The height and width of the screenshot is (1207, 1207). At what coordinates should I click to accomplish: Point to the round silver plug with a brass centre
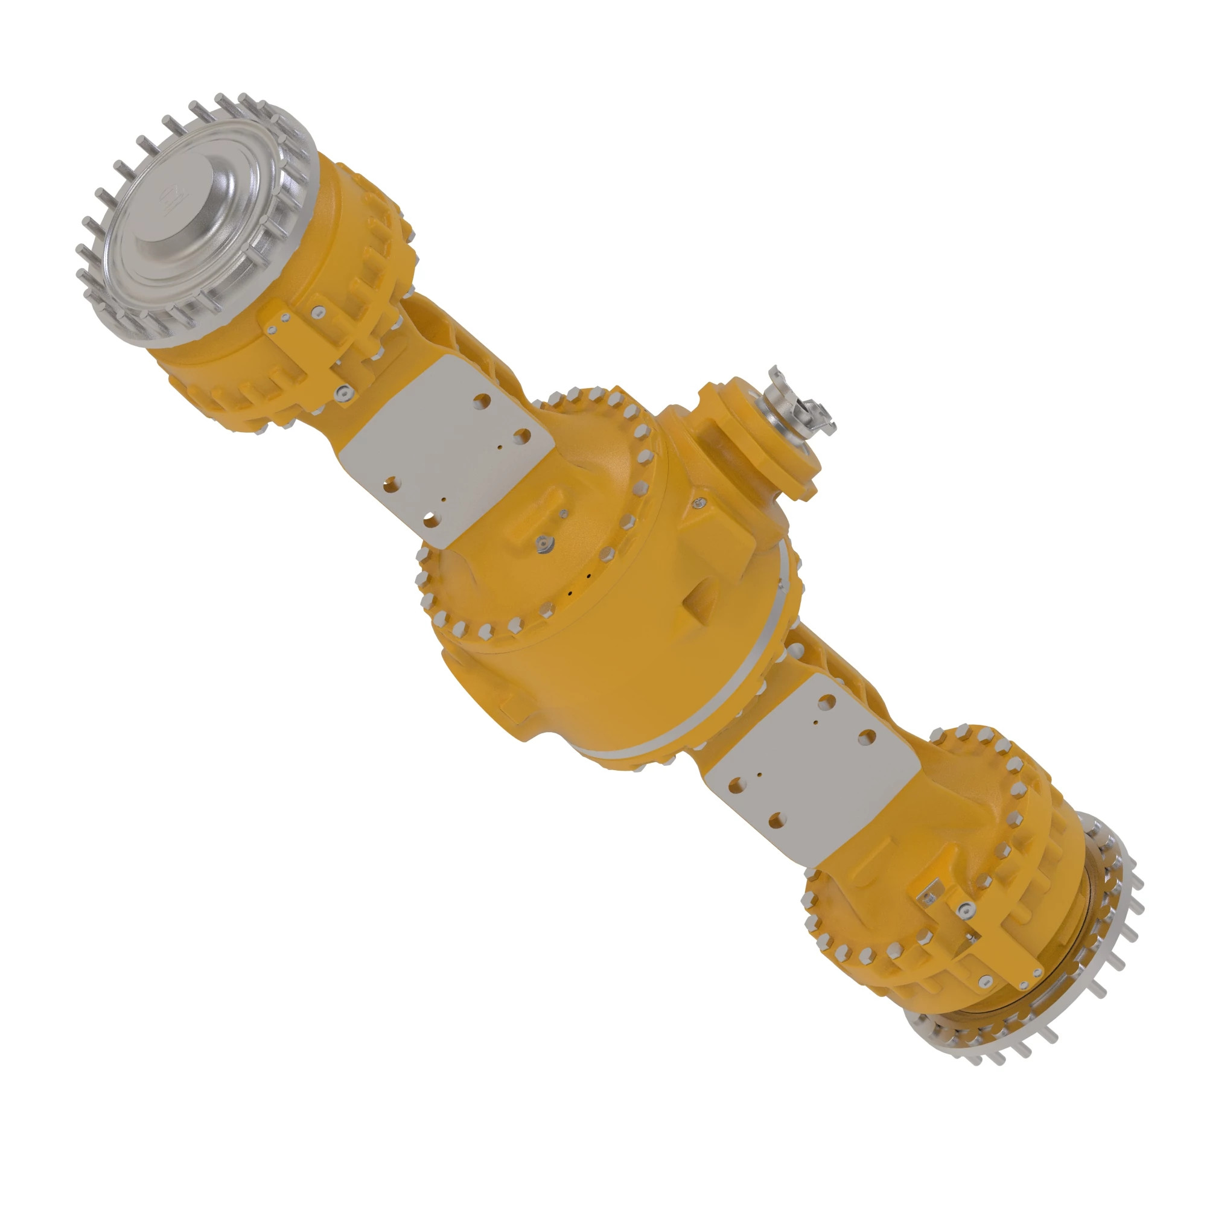point(545,543)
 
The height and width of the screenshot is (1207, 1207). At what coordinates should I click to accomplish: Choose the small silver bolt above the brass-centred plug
point(564,514)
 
